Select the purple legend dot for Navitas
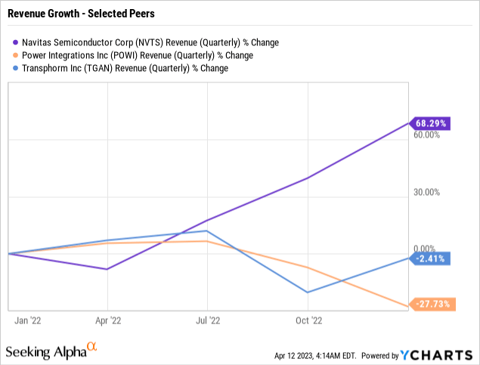point(16,42)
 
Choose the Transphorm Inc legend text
point(125,68)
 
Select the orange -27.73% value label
point(432,305)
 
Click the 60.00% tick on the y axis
point(427,135)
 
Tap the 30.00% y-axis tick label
point(427,192)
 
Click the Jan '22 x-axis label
point(27,320)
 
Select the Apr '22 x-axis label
point(107,320)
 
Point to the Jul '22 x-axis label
point(207,320)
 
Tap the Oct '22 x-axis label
point(308,320)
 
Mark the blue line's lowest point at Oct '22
point(308,292)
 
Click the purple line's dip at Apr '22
point(107,269)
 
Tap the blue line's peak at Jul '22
point(207,230)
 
